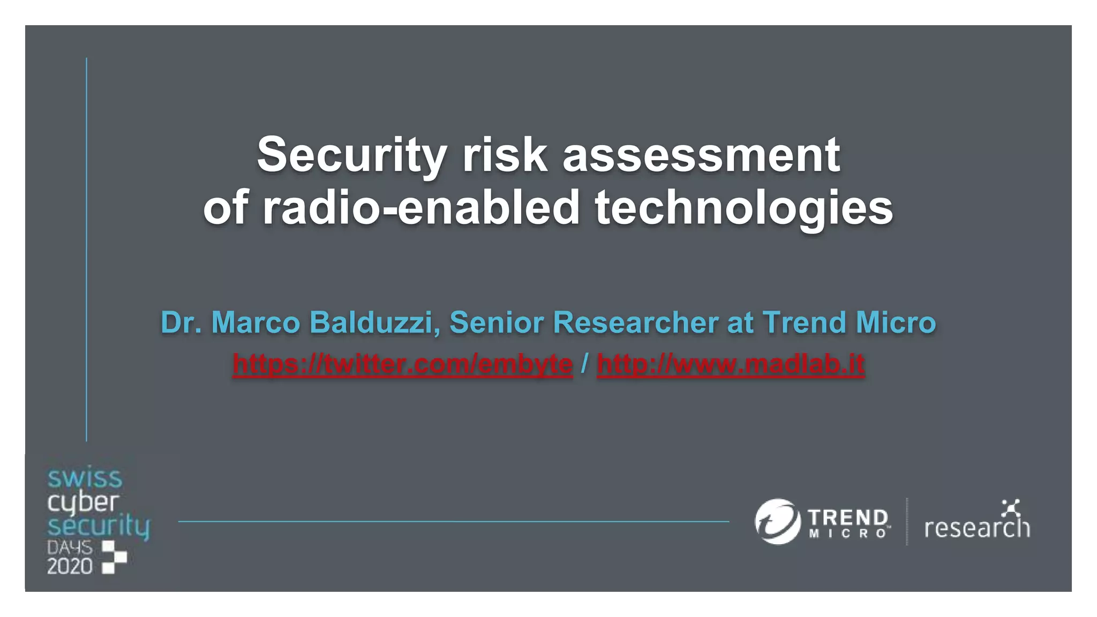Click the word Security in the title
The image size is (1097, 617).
coord(351,155)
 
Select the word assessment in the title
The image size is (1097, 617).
coord(701,155)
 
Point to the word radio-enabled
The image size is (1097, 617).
coord(421,208)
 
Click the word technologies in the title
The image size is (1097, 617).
coord(744,208)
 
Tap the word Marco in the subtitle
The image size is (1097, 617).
coord(256,322)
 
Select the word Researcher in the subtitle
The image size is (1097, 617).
coord(636,322)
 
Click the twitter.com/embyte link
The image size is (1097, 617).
coord(402,364)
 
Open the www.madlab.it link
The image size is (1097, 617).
coord(731,364)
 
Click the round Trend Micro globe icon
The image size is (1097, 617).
coord(777,521)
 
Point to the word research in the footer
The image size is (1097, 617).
coord(977,528)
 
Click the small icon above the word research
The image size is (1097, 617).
coord(1010,507)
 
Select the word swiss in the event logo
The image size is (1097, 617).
coord(85,478)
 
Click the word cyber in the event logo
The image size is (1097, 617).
coord(82,502)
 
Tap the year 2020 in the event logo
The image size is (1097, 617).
coord(70,566)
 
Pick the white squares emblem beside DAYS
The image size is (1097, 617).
coord(114,556)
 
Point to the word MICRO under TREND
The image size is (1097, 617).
coord(847,533)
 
